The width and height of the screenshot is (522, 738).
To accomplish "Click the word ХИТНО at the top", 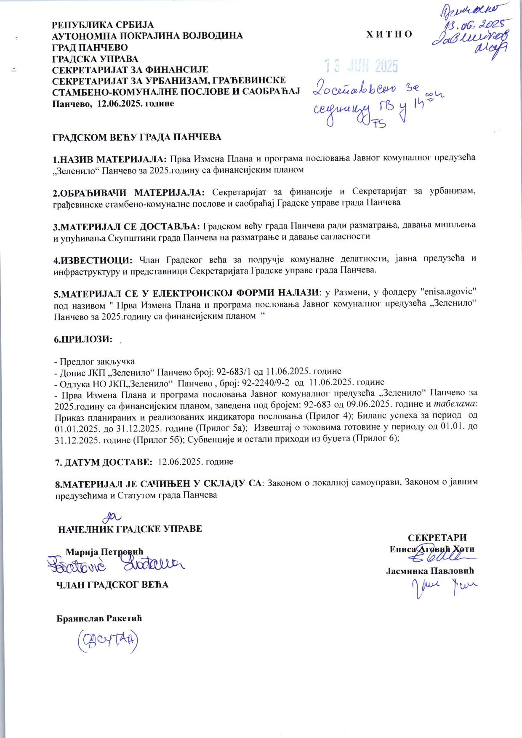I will [389, 35].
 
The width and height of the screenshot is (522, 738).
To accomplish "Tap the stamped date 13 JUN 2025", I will [361, 66].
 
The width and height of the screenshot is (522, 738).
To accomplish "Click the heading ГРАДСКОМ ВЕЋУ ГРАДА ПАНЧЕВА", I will [137, 137].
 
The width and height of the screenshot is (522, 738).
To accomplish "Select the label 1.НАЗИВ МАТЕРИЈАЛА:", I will [110, 159].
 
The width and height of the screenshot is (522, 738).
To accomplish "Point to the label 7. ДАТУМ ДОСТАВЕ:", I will [104, 462].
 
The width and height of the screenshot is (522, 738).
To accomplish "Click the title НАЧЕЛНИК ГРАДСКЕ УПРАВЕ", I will [130, 529].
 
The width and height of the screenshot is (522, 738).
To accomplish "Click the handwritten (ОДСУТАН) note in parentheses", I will [108, 641].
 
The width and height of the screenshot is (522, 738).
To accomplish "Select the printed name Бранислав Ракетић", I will [99, 618].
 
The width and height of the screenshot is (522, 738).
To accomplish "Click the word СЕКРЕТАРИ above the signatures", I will [437, 538].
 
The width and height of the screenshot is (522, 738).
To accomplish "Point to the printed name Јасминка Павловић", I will [430, 571].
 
